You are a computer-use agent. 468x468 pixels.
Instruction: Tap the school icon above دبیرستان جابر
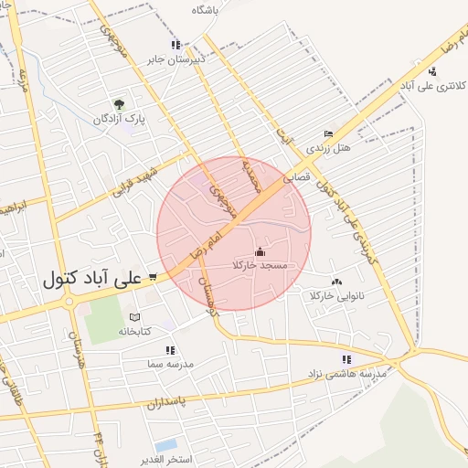(x=175, y=44)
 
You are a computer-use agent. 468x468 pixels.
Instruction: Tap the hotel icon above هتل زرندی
(x=328, y=133)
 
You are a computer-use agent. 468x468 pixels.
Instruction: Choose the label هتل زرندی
(x=328, y=147)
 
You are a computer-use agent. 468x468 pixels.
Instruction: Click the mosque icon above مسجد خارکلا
(x=261, y=250)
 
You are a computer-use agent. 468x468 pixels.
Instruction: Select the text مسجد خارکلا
(x=261, y=265)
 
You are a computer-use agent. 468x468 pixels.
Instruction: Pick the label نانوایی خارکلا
(x=337, y=296)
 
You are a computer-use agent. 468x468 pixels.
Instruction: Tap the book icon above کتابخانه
(x=136, y=315)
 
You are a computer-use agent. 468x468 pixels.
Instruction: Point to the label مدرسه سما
(x=170, y=364)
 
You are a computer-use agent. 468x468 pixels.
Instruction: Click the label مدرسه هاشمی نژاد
(x=347, y=374)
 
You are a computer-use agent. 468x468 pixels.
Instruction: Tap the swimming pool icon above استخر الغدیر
(x=166, y=446)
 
